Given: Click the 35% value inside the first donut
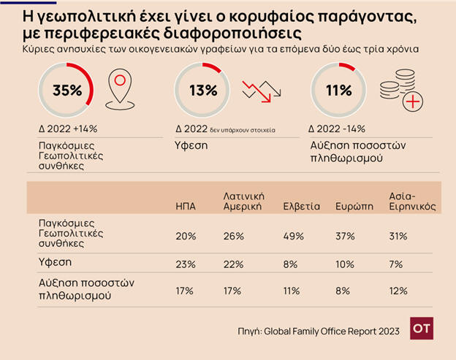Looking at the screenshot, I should (x=67, y=91).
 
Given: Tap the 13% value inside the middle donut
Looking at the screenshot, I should (x=202, y=91).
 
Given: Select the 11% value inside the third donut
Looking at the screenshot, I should (x=338, y=91).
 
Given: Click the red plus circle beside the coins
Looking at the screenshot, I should (x=413, y=101).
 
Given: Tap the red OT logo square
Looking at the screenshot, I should (x=421, y=329).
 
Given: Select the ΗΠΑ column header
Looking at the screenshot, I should (x=186, y=207).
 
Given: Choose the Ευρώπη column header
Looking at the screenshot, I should (x=350, y=207).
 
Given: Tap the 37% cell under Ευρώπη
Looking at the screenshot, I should (x=345, y=236).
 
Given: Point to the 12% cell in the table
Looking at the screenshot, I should (x=399, y=291).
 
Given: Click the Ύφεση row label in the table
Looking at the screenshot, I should (x=53, y=261).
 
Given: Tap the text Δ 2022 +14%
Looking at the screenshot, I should (x=68, y=129).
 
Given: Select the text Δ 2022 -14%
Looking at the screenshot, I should (x=339, y=129).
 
